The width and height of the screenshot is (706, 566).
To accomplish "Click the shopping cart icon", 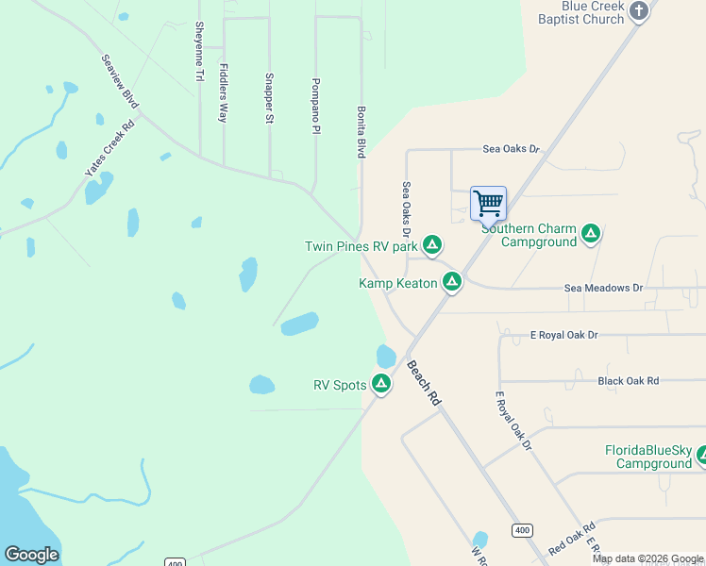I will [x=488, y=203].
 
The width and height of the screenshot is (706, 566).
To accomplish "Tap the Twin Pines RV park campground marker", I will [x=432, y=246].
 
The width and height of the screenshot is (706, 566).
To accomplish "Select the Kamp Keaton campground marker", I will [x=452, y=282].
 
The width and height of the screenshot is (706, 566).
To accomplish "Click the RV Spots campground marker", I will [x=381, y=384].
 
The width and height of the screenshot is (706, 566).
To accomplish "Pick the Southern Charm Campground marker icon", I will [x=591, y=234].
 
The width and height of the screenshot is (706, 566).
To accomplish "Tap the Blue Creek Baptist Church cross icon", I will [x=640, y=11].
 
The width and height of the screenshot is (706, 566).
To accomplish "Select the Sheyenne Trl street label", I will [x=199, y=51].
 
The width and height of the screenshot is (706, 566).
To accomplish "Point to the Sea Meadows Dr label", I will [x=602, y=288].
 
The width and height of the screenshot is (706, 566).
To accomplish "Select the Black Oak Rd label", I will [x=628, y=381].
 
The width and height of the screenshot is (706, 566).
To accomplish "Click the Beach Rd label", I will [x=424, y=383].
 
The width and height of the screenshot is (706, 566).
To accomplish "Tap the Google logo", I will [x=31, y=555].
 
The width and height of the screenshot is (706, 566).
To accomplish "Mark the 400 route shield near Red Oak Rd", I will [x=522, y=531].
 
